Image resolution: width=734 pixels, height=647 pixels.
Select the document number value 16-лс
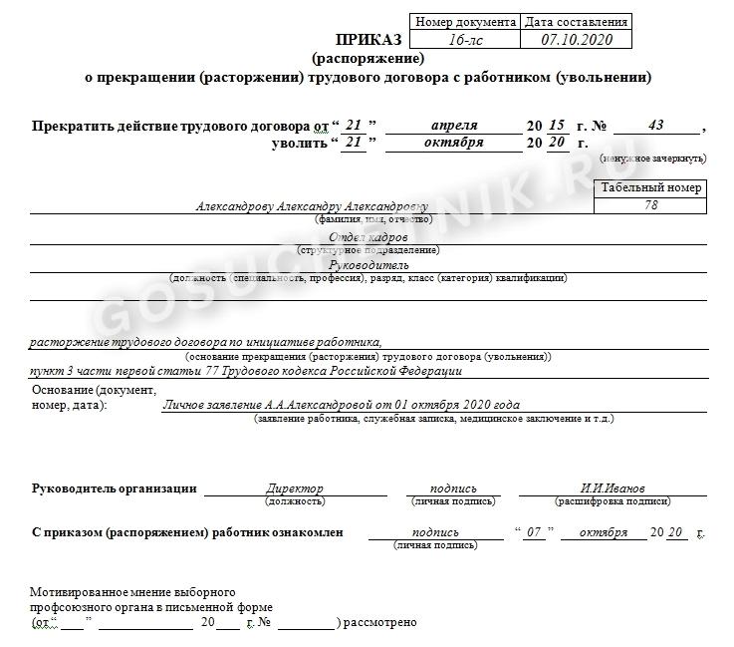465,40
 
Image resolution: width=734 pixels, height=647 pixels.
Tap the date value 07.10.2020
576,40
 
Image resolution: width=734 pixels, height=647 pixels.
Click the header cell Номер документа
465,22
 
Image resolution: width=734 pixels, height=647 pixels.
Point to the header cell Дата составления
576,22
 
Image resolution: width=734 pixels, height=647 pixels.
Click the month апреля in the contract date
454,126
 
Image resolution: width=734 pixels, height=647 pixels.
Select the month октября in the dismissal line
453,143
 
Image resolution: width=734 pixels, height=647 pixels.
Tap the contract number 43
655,126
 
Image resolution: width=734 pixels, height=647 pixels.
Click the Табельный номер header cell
650,187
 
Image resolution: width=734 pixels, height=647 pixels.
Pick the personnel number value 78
651,205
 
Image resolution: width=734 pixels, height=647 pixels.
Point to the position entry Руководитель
367,266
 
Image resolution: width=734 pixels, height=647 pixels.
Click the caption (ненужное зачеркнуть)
652,159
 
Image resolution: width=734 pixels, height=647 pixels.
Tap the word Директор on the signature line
295,488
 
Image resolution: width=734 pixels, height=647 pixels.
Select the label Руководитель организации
115,488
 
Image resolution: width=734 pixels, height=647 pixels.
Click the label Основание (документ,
95,390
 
